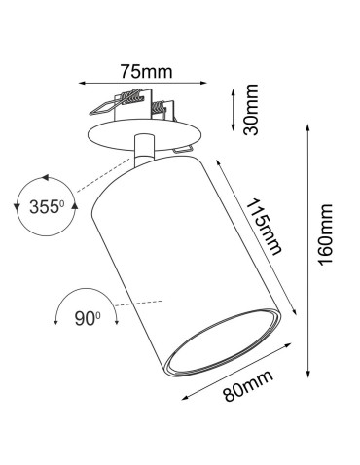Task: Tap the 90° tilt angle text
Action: (89, 316)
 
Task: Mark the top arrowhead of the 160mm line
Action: (309, 126)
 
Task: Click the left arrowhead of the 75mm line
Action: (82, 83)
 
